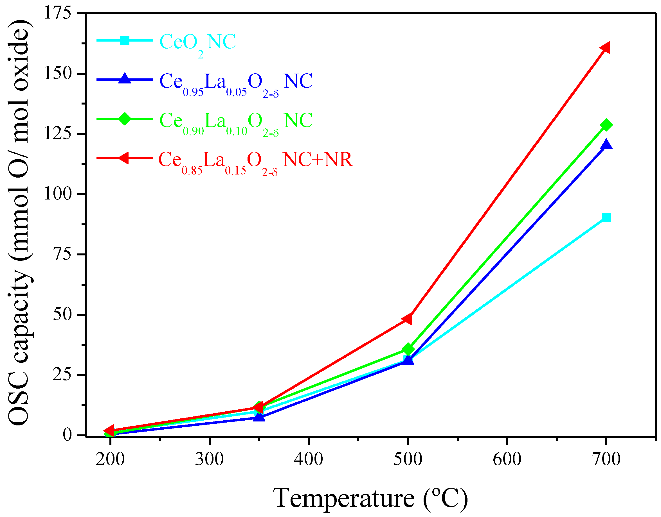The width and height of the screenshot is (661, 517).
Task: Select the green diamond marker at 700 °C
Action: (606, 125)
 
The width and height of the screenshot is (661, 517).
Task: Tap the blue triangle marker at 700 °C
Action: (606, 145)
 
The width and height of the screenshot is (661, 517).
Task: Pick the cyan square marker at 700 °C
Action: (606, 217)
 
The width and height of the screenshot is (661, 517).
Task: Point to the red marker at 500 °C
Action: (408, 318)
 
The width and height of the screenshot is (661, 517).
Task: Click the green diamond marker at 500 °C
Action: (408, 349)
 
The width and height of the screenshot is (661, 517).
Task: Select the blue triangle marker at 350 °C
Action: (259, 417)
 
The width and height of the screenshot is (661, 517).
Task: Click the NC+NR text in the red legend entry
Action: (318, 160)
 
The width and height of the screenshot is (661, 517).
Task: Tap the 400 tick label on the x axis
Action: (308, 459)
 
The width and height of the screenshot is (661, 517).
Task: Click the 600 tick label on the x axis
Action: (507, 459)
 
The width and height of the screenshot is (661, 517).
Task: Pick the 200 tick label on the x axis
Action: (110, 459)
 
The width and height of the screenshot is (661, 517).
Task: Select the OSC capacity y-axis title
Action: (19, 223)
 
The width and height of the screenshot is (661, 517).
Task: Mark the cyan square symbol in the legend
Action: (125, 40)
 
